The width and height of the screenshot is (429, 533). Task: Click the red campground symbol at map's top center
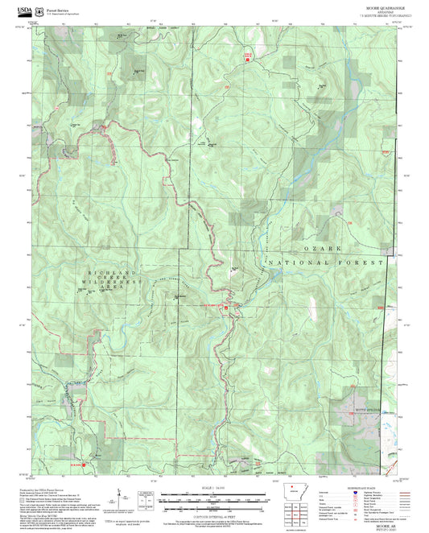coord(248,56)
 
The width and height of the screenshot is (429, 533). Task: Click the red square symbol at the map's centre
coord(227,308)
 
